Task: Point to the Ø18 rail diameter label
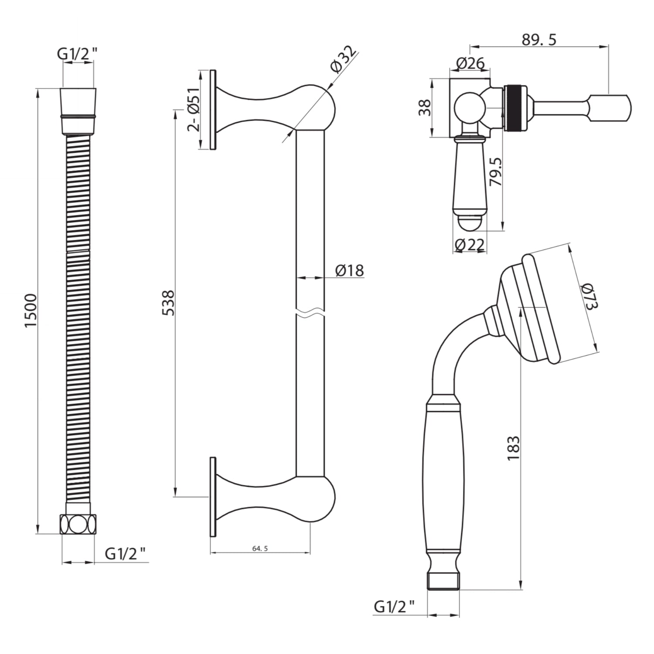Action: point(349,270)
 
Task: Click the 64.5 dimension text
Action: point(260,548)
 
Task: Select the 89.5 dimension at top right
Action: point(539,40)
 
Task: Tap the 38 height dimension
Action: point(424,108)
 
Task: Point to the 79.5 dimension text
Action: point(495,172)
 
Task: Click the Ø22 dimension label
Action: point(469,245)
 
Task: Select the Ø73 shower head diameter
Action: point(589,296)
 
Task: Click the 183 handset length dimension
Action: point(513,448)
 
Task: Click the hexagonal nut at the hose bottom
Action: point(78,524)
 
